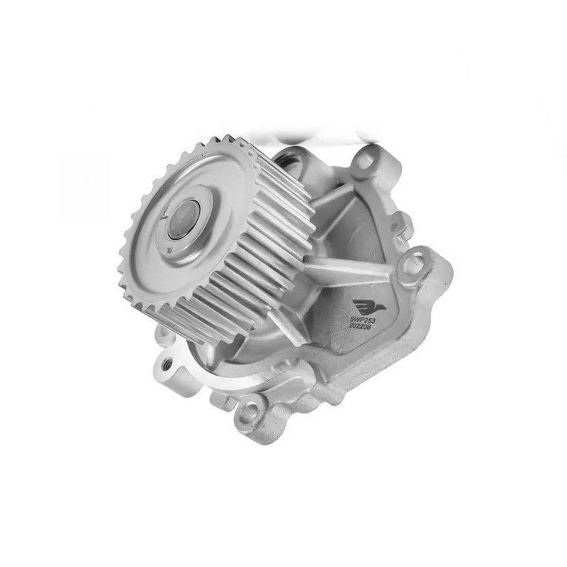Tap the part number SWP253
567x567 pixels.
[361, 320]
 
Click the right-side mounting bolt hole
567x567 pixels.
[413, 263]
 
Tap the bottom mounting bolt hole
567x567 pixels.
[250, 410]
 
